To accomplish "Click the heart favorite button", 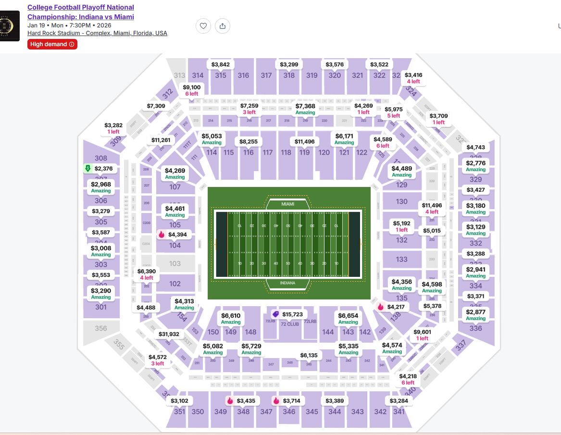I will (x=203, y=26).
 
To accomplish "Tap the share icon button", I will (x=222, y=26).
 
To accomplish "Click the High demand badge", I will (x=52, y=44).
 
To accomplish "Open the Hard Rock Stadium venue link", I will (x=97, y=33).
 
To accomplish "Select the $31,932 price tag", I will (x=169, y=334).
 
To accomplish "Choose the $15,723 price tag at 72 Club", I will (x=288, y=314).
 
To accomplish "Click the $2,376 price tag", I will (x=100, y=168).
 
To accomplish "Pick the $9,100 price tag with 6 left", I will (x=192, y=90).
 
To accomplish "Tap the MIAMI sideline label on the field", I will (x=287, y=204).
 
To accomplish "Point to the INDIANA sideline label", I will (x=287, y=284).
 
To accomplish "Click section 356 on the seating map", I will (x=101, y=328).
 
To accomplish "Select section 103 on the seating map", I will (x=175, y=263).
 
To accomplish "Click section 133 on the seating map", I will (x=402, y=259).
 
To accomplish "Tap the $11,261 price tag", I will (x=161, y=140).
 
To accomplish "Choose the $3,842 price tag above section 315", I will (x=221, y=64).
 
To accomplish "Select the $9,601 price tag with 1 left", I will (x=423, y=335).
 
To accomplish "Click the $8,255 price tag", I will (x=248, y=141).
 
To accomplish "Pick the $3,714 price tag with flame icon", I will (x=288, y=400).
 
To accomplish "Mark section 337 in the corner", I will (x=461, y=345).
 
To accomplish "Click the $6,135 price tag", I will (x=309, y=355).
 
